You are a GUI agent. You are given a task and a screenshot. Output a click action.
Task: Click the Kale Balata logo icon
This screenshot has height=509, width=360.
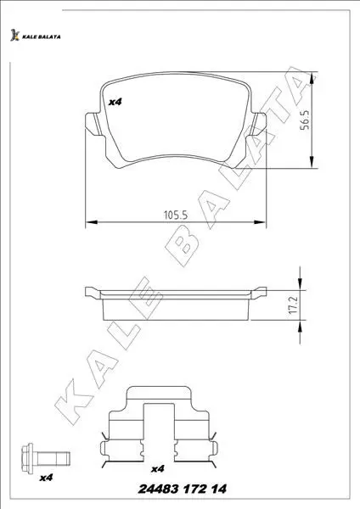(14, 36)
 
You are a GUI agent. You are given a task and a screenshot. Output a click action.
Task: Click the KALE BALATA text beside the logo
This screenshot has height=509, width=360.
(42, 37)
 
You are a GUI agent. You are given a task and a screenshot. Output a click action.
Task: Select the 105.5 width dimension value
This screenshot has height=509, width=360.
(176, 215)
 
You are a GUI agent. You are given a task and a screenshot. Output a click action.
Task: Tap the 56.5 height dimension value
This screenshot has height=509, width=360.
(305, 120)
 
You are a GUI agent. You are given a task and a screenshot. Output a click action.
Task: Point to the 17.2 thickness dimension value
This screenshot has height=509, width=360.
(293, 305)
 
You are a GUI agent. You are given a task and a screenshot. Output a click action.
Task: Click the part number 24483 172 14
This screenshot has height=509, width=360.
(183, 489)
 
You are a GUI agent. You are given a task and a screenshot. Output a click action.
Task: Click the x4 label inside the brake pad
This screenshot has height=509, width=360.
(115, 102)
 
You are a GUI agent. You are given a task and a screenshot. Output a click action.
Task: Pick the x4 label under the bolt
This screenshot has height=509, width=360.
(46, 478)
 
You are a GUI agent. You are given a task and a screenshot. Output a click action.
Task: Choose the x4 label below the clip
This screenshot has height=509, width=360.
(158, 469)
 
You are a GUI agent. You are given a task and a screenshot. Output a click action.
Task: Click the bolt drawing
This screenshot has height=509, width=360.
(46, 458)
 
